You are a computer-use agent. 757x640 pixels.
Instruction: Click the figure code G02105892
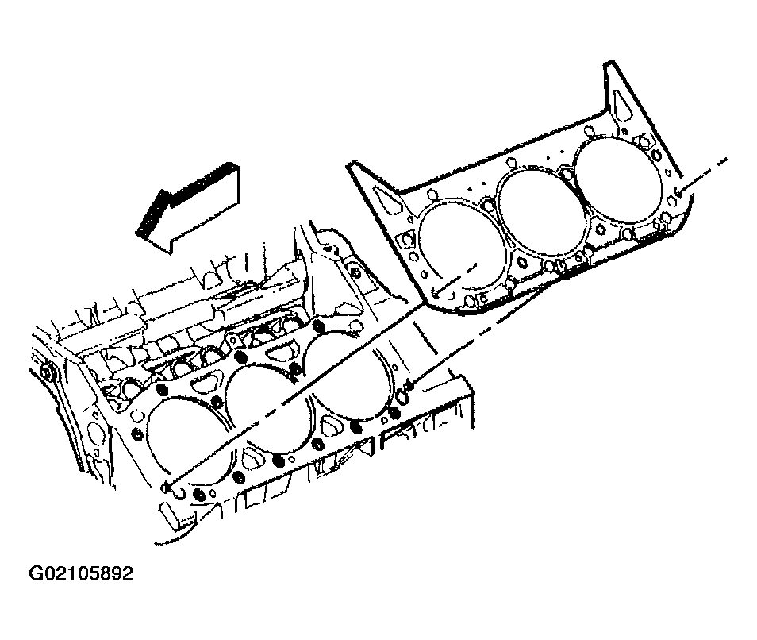point(81,573)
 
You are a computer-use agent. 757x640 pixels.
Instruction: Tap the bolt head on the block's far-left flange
point(48,374)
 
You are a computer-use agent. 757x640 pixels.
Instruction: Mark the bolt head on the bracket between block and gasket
point(355,274)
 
